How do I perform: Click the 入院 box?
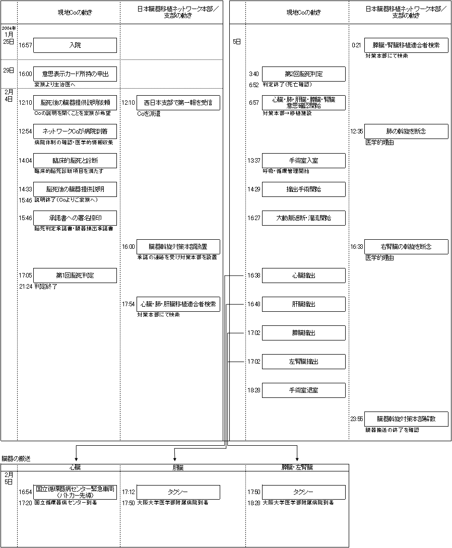pyautogui.click(x=75, y=45)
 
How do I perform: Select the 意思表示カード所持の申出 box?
pyautogui.click(x=75, y=74)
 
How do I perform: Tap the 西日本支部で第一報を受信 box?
pyautogui.click(x=178, y=103)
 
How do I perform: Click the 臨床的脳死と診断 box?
pyautogui.click(x=75, y=161)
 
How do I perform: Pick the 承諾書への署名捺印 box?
pyautogui.click(x=75, y=218)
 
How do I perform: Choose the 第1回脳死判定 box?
pyautogui.click(x=75, y=276)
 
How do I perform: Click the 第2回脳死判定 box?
pyautogui.click(x=304, y=74)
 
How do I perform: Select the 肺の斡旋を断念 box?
pyautogui.click(x=406, y=131)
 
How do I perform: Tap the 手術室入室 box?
pyautogui.click(x=304, y=161)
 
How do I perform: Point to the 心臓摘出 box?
pyautogui.click(x=304, y=276)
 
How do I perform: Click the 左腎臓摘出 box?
pyautogui.click(x=304, y=362)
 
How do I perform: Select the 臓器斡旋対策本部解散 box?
pyautogui.click(x=406, y=419)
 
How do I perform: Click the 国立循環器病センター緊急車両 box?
pyautogui.click(x=75, y=492)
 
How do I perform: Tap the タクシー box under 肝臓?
pyautogui.click(x=178, y=492)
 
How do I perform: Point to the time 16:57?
pyautogui.click(x=25, y=45)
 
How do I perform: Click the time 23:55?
pyautogui.click(x=357, y=419)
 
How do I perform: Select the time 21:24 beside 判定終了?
pyautogui.click(x=25, y=286)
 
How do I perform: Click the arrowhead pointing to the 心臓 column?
pyautogui.click(x=76, y=458)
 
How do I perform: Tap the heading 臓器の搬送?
pyautogui.click(x=16, y=458)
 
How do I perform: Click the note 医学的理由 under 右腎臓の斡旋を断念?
pyautogui.click(x=379, y=258)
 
